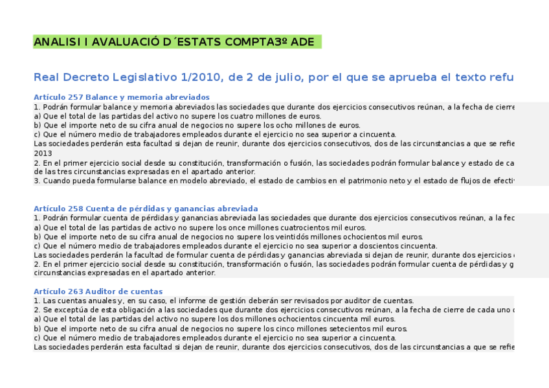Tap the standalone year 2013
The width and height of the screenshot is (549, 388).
coord(43,154)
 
